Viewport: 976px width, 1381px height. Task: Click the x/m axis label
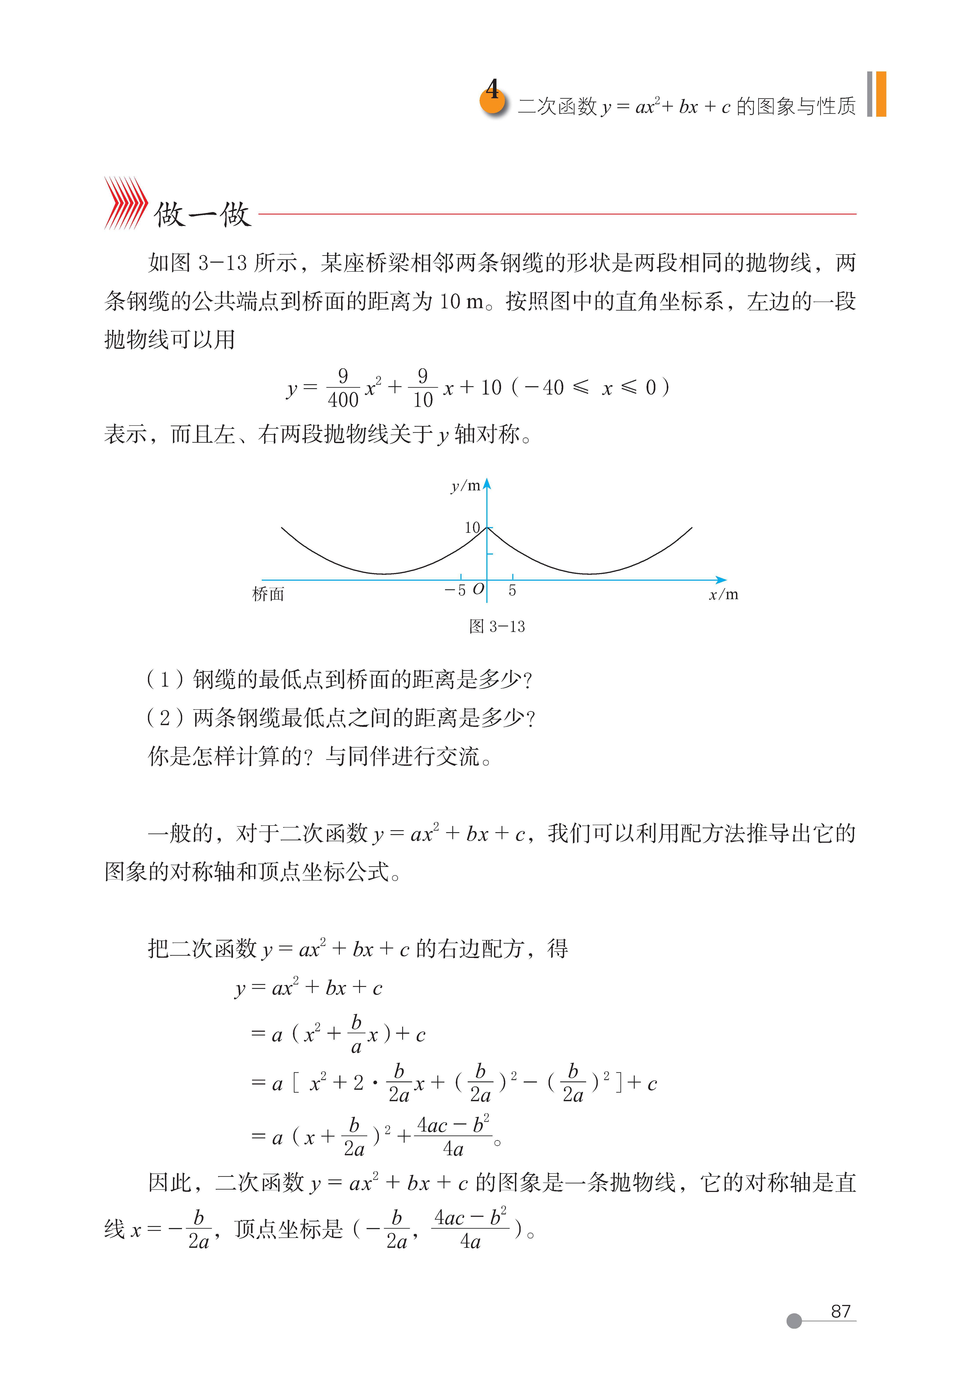click(723, 595)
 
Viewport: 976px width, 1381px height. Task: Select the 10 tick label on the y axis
click(472, 528)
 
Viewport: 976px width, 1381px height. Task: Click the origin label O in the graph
click(478, 590)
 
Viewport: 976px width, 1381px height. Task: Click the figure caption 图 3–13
click(497, 627)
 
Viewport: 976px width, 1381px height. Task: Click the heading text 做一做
click(202, 214)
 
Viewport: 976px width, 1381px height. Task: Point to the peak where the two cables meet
click(487, 528)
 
